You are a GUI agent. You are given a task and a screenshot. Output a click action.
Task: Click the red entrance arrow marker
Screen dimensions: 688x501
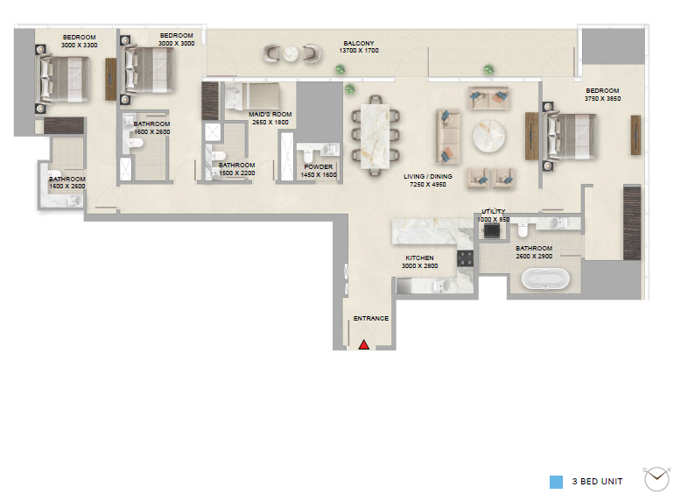pos(364,345)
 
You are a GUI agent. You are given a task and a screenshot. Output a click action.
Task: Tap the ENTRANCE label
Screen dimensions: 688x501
pos(371,318)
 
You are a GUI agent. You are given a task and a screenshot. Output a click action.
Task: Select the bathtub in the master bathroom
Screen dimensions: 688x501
pos(545,279)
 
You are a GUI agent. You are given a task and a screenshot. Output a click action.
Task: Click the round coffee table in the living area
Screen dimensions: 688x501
pos(488,136)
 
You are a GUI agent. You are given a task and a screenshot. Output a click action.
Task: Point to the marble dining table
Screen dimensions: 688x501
pos(376,136)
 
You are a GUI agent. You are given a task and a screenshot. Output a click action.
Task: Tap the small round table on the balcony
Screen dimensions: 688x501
pos(291,54)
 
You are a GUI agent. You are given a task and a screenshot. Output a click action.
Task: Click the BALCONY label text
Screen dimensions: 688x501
pos(359,43)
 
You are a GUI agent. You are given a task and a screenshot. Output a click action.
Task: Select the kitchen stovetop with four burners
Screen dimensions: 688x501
pos(465,258)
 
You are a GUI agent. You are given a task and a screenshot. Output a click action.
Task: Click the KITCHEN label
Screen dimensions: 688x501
pos(419,258)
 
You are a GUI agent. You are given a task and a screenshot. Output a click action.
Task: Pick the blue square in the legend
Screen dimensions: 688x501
pos(556,482)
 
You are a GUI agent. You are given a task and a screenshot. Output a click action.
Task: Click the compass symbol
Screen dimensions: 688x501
pos(656,478)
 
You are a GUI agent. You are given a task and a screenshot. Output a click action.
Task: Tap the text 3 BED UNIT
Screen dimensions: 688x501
pos(597,481)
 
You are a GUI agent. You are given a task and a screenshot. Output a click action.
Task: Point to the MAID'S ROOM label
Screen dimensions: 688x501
pos(270,114)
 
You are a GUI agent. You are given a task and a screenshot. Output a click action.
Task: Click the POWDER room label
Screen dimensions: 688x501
pos(318,166)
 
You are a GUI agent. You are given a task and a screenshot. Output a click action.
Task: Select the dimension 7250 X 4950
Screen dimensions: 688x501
pos(428,185)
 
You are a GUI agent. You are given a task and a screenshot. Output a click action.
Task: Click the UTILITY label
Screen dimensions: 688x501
pos(493,211)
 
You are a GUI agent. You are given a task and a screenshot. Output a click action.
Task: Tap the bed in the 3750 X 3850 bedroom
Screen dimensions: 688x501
pos(570,136)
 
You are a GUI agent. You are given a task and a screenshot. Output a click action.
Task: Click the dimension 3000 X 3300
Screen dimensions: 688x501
pos(80,46)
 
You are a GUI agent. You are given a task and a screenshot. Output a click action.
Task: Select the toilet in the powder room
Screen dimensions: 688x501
pos(307,155)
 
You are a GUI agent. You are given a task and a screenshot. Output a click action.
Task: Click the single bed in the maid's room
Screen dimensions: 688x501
pos(252,96)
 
